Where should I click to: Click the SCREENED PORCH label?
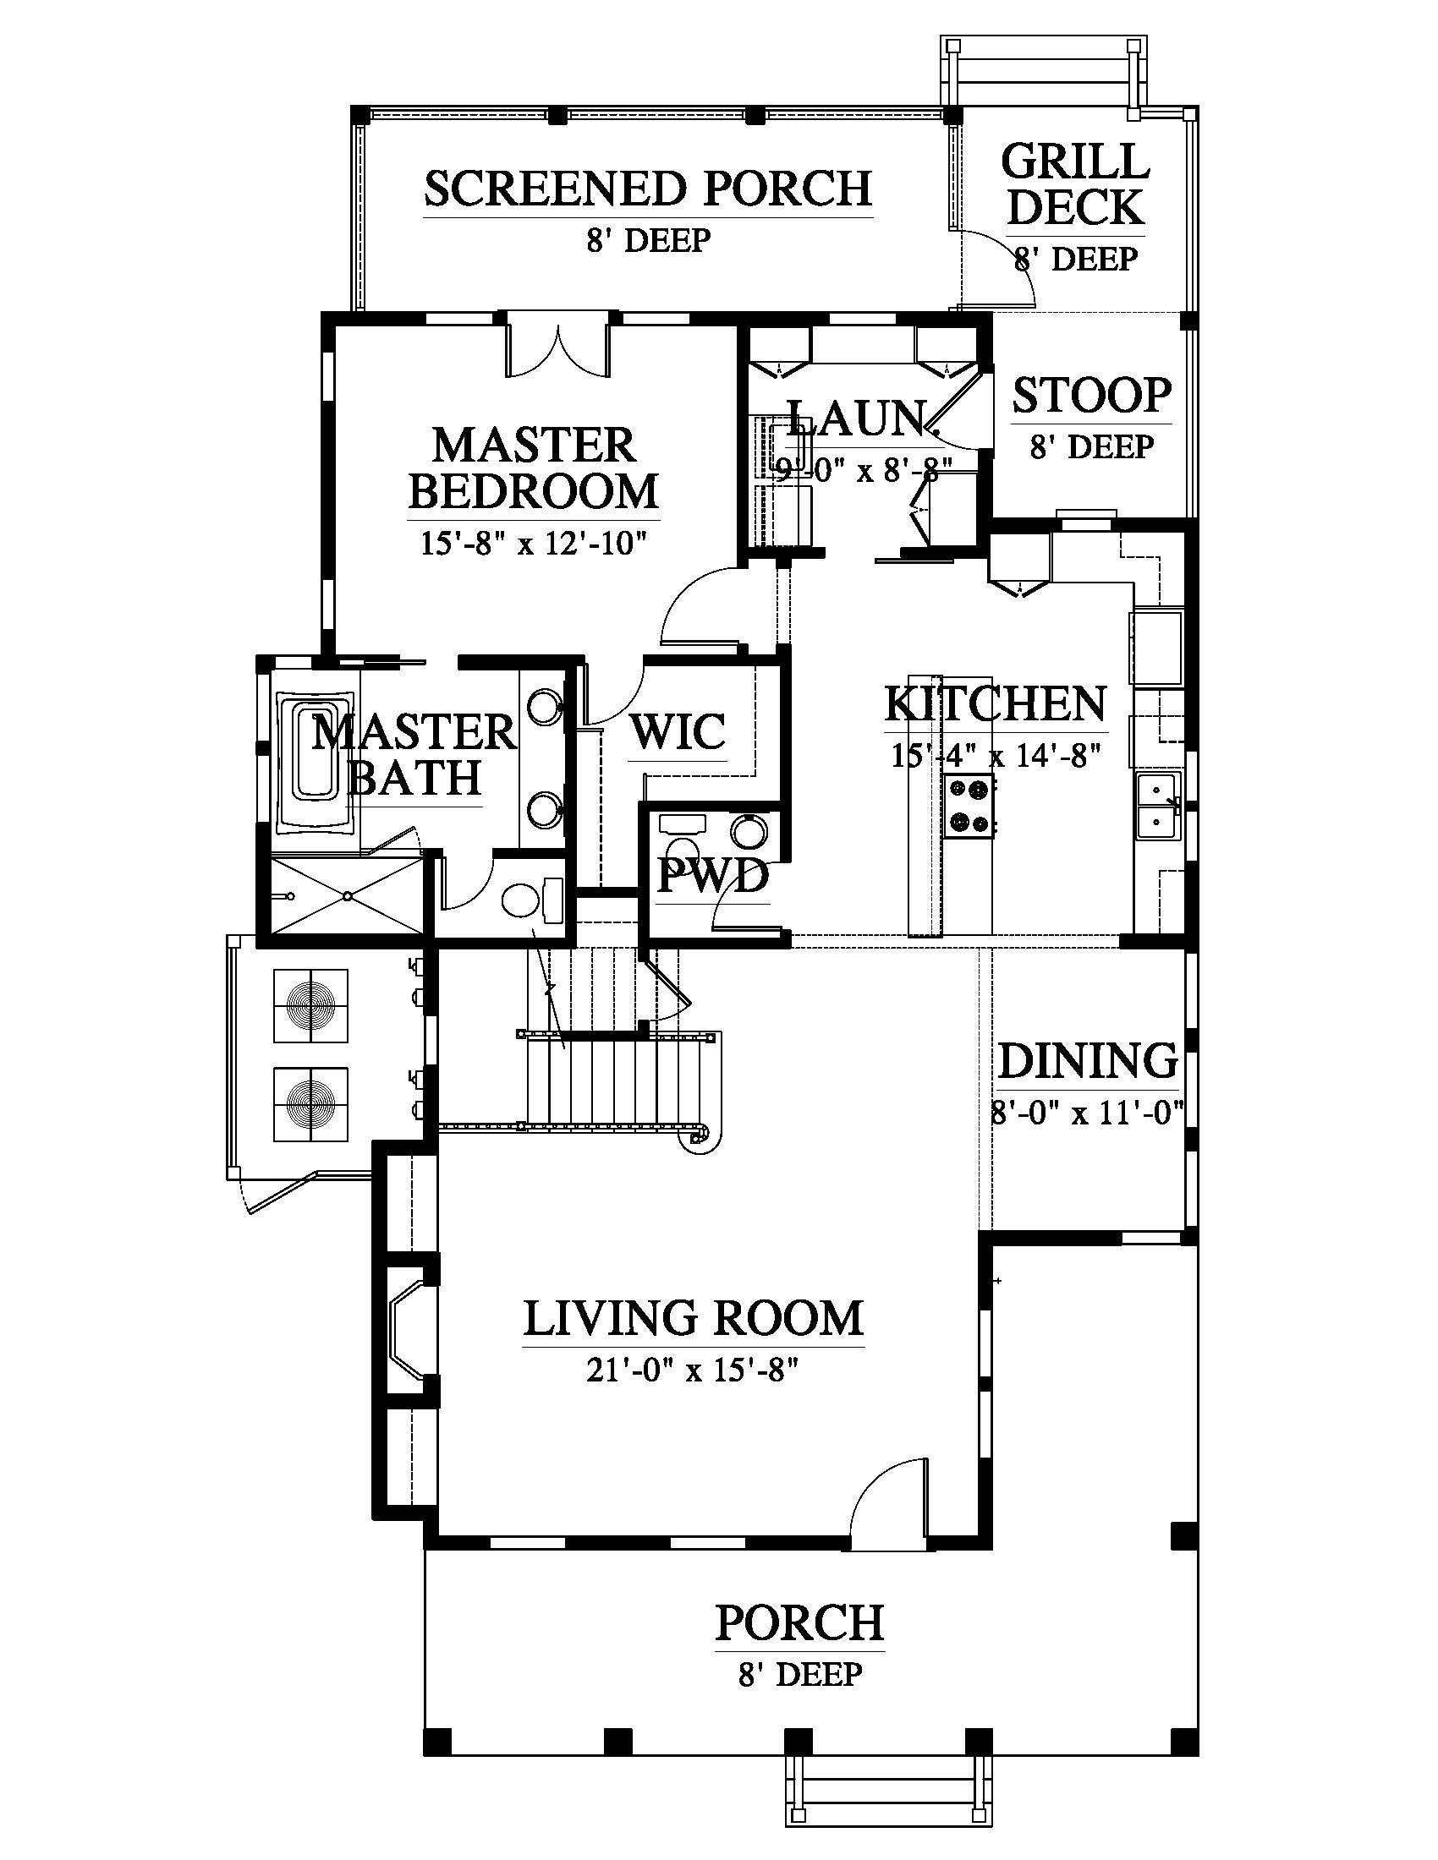pos(648,189)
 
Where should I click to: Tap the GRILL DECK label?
pos(1076,185)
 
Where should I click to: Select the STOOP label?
pos(1092,395)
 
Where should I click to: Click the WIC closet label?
pos(678,731)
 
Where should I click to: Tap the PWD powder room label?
pos(713,877)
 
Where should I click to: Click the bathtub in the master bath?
pos(315,763)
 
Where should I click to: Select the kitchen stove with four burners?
pos(969,807)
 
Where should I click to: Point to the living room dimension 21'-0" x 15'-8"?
pos(694,1371)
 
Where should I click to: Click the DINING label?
pos(1088,1061)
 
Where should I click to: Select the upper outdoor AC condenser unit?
pos(311,1006)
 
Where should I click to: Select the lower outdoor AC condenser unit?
pos(311,1105)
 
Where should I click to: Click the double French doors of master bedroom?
pos(558,347)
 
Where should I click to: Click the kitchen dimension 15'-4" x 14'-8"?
pos(996,754)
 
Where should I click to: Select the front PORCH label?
pos(799,1622)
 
